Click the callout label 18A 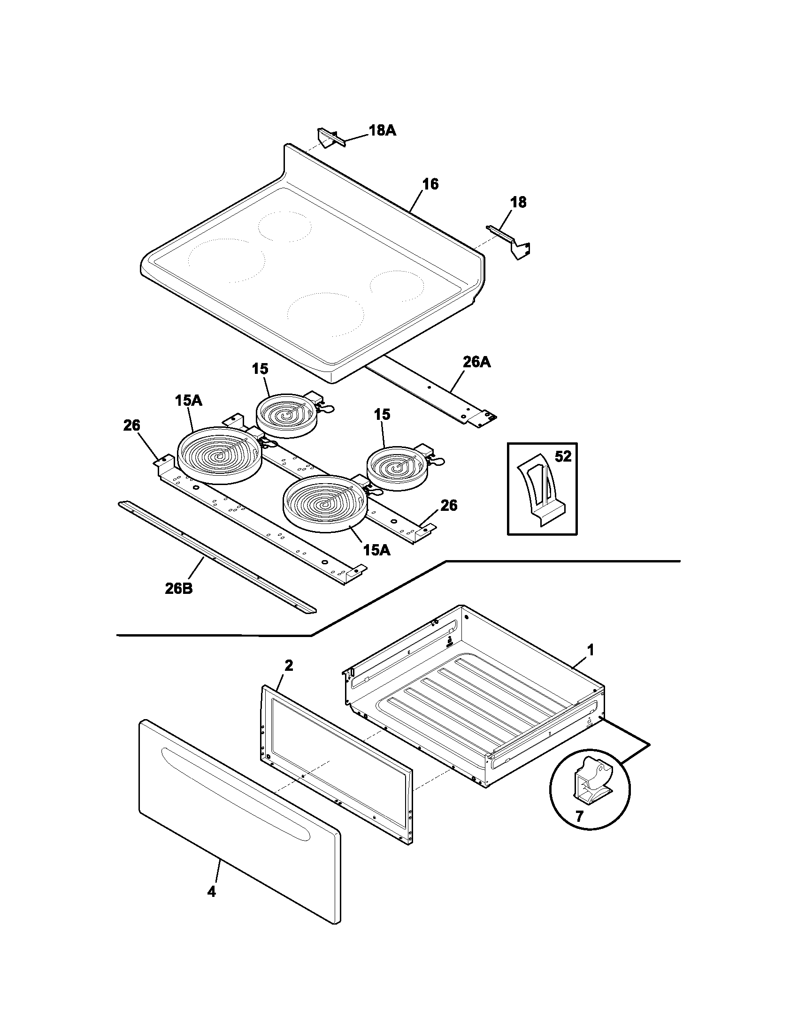pos(382,131)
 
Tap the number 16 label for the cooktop pos(430,184)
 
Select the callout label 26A pos(476,363)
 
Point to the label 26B pos(178,589)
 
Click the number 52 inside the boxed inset pos(562,456)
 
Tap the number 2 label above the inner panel pos(288,666)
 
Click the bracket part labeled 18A pos(328,138)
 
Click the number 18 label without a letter pos(518,203)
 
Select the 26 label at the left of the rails pos(131,426)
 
